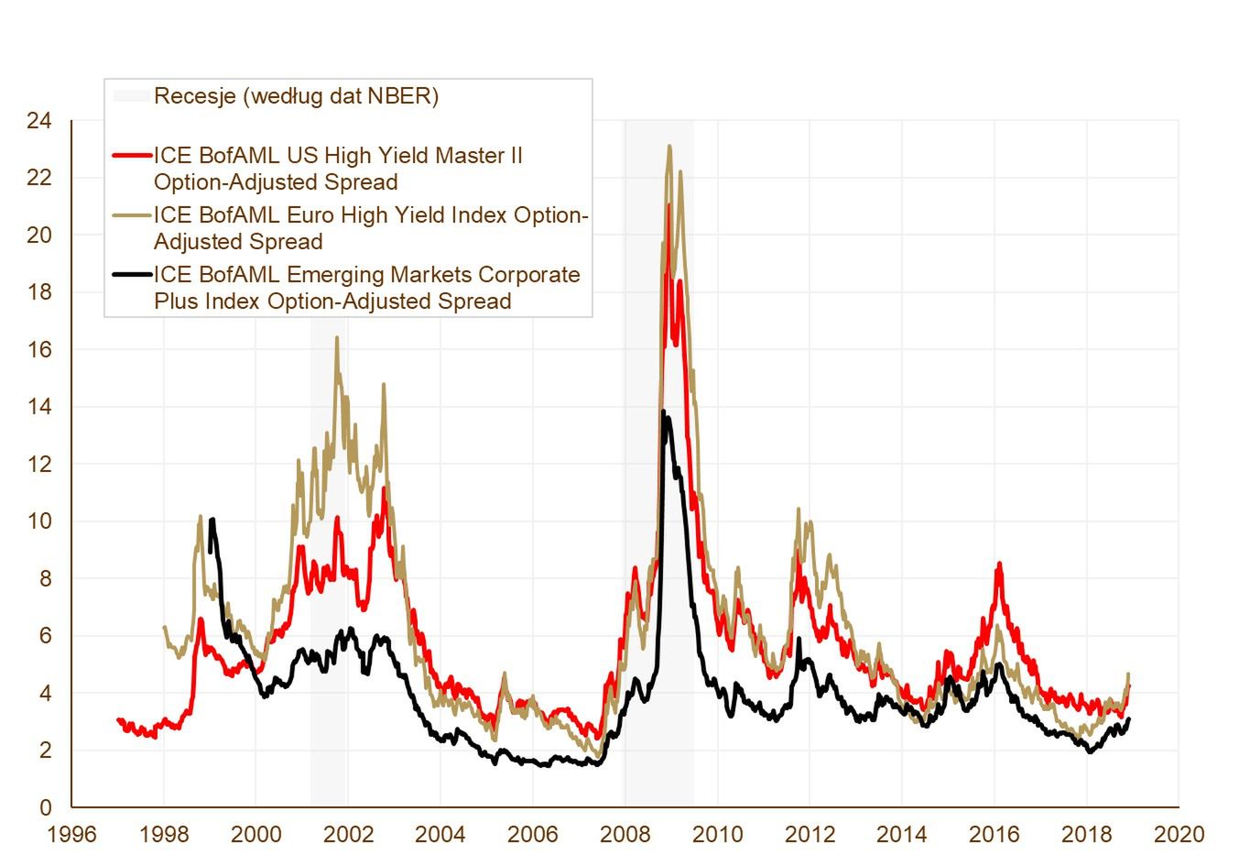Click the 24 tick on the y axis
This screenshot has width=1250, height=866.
tap(40, 121)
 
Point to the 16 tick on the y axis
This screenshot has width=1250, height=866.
tap(40, 350)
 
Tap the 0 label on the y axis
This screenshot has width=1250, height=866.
tap(46, 808)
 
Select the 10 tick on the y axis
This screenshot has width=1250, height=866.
tap(40, 521)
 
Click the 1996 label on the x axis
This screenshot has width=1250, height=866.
tap(71, 835)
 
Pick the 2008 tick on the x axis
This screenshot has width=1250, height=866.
tap(625, 835)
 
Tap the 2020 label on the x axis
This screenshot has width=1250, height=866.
tap(1179, 835)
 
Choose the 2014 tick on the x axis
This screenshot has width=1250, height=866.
tap(902, 835)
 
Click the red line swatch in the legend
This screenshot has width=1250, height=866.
tap(131, 156)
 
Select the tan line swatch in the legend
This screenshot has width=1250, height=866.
tap(131, 215)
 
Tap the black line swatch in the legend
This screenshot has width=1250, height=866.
tap(131, 275)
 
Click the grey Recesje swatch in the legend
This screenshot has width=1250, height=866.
tap(131, 96)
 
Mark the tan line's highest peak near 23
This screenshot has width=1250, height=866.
tap(669, 146)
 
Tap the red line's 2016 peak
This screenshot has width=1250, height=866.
tap(999, 564)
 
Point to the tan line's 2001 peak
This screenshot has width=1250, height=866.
tap(336, 337)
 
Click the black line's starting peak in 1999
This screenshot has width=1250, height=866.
tap(212, 520)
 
